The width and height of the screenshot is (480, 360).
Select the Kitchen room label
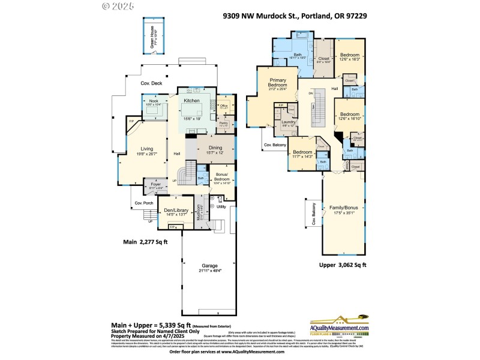click(x=191, y=101)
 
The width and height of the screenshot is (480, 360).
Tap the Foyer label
click(x=155, y=185)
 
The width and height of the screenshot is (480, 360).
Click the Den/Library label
click(x=176, y=211)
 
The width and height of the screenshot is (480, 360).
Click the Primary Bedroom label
click(x=277, y=83)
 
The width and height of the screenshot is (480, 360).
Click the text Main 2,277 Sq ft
click(x=146, y=242)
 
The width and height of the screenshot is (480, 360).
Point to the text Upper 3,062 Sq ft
click(x=343, y=264)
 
